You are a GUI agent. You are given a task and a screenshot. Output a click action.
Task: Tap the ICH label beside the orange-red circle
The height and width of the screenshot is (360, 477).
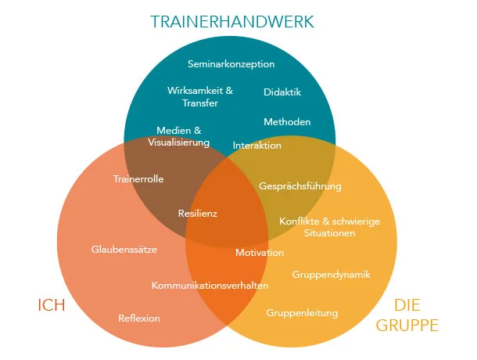(x=51, y=305)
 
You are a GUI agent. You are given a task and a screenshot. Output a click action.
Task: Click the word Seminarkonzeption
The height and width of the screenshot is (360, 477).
(x=231, y=63)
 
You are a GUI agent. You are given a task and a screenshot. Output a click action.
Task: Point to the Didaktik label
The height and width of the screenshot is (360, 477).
(x=282, y=92)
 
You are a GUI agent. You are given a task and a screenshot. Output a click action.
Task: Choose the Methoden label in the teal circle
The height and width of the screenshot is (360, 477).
(x=287, y=121)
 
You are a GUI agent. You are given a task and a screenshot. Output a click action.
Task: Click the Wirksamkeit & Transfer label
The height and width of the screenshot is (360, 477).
(x=200, y=96)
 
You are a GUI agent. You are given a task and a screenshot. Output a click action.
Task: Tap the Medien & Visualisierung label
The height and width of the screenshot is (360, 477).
(x=179, y=136)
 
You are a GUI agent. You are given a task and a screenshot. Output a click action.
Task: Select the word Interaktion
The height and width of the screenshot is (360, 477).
(x=257, y=146)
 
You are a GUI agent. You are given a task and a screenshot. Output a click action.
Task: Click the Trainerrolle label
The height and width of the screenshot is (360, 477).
(x=138, y=179)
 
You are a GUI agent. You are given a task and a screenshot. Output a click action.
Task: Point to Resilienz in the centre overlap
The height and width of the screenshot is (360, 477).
(x=198, y=213)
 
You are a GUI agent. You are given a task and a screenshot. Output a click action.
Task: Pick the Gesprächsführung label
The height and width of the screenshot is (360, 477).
(x=300, y=186)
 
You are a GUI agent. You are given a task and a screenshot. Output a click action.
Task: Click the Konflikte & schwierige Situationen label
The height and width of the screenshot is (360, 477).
(x=329, y=227)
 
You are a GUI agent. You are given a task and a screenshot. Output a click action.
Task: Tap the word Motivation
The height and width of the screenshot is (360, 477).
(x=260, y=253)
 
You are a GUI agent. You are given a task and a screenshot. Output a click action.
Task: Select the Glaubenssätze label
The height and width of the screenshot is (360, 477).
(x=124, y=250)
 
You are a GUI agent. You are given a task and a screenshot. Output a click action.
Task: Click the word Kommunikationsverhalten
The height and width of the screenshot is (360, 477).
(x=210, y=285)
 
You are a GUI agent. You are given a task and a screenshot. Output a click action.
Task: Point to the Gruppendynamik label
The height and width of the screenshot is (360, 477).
(x=331, y=275)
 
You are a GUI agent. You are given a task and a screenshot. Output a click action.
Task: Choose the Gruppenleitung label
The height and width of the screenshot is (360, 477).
(x=302, y=313)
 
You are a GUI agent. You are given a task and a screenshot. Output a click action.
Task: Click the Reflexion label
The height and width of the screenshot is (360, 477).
(x=139, y=318)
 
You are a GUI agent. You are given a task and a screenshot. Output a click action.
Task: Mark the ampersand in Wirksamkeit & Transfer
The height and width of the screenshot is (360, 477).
(x=229, y=91)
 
